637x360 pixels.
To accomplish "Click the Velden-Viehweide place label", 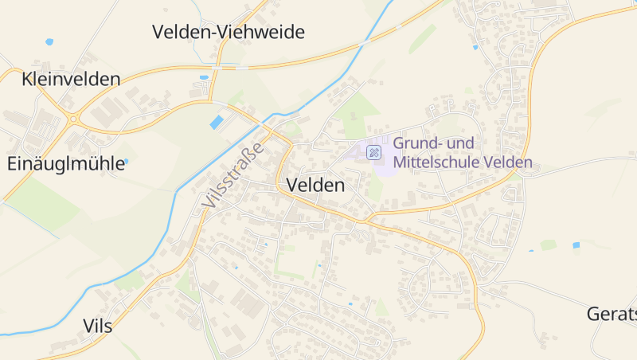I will tap(229, 33).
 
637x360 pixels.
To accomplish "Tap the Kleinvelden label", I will tap(72, 80).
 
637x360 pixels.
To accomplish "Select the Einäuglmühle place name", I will tap(66, 164).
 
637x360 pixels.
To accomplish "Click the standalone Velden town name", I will tap(315, 186).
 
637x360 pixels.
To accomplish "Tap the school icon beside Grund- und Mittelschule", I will tap(373, 151).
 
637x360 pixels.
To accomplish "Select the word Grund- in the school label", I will tap(420, 144).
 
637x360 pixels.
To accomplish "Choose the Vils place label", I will tap(97, 326).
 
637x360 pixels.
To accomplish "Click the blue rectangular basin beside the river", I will tap(217, 122).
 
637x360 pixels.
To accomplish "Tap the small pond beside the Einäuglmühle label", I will tap(126, 162).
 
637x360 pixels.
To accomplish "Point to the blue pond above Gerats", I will tap(576, 245).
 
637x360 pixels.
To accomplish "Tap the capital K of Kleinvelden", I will tap(29, 80).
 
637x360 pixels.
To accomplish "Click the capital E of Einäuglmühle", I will tap(12, 164).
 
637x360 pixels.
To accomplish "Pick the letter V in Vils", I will tap(88, 326).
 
